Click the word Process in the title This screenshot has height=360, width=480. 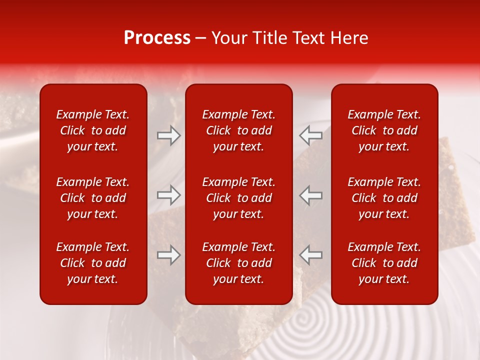click(157, 38)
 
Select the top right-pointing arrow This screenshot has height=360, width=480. click(169, 135)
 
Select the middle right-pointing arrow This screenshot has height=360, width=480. click(169, 194)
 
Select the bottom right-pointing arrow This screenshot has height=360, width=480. click(169, 255)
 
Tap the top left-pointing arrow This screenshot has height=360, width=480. click(310, 135)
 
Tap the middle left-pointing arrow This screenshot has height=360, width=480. click(310, 194)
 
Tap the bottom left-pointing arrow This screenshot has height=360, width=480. click(310, 255)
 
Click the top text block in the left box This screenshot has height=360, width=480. click(93, 130)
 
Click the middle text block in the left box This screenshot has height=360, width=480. click(93, 198)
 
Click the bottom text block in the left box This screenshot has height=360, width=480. click(93, 263)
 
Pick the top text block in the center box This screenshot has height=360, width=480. click(239, 130)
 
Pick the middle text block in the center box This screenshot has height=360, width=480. click(239, 198)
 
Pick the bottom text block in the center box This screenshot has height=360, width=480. click(239, 263)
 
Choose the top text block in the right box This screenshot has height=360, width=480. click(384, 130)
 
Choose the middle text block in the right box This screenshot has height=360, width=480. click(384, 198)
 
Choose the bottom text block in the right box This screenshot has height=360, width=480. click(384, 263)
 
